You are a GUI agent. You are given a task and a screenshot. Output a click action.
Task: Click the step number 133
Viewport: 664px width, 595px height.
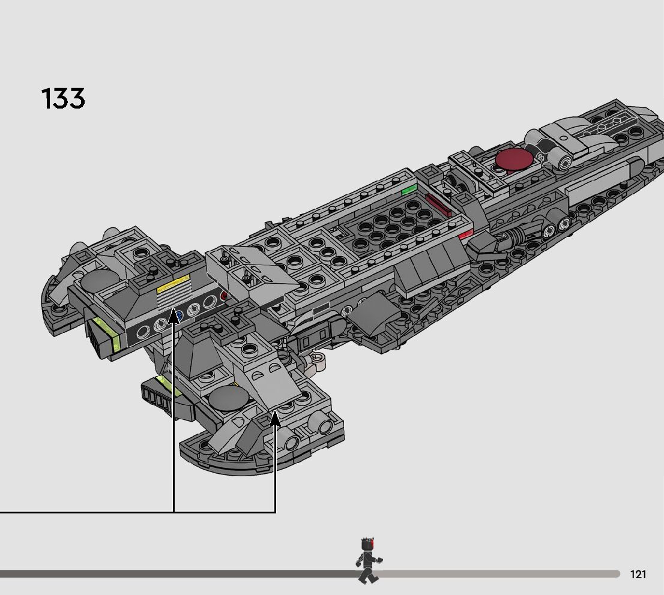coord(63,99)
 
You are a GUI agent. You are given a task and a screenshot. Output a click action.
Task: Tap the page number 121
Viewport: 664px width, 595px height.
coord(638,575)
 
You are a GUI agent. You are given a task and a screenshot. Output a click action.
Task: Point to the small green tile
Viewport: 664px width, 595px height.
coord(409,190)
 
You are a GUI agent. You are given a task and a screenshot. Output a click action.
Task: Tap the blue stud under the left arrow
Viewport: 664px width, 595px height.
coord(178,314)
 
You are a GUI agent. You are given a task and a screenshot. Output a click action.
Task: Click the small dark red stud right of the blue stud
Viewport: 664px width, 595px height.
coord(225,296)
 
